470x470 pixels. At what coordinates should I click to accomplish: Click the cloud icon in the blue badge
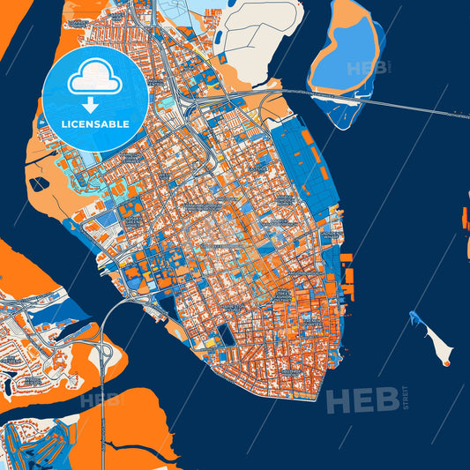click(94, 76)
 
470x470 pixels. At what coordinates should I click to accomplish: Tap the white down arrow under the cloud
click(94, 99)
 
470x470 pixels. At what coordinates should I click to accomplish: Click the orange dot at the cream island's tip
click(446, 362)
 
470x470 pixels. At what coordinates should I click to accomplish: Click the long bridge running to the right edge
click(414, 106)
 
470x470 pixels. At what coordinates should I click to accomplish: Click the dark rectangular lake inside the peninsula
click(226, 335)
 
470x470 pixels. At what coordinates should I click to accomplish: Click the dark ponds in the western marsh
click(40, 184)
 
